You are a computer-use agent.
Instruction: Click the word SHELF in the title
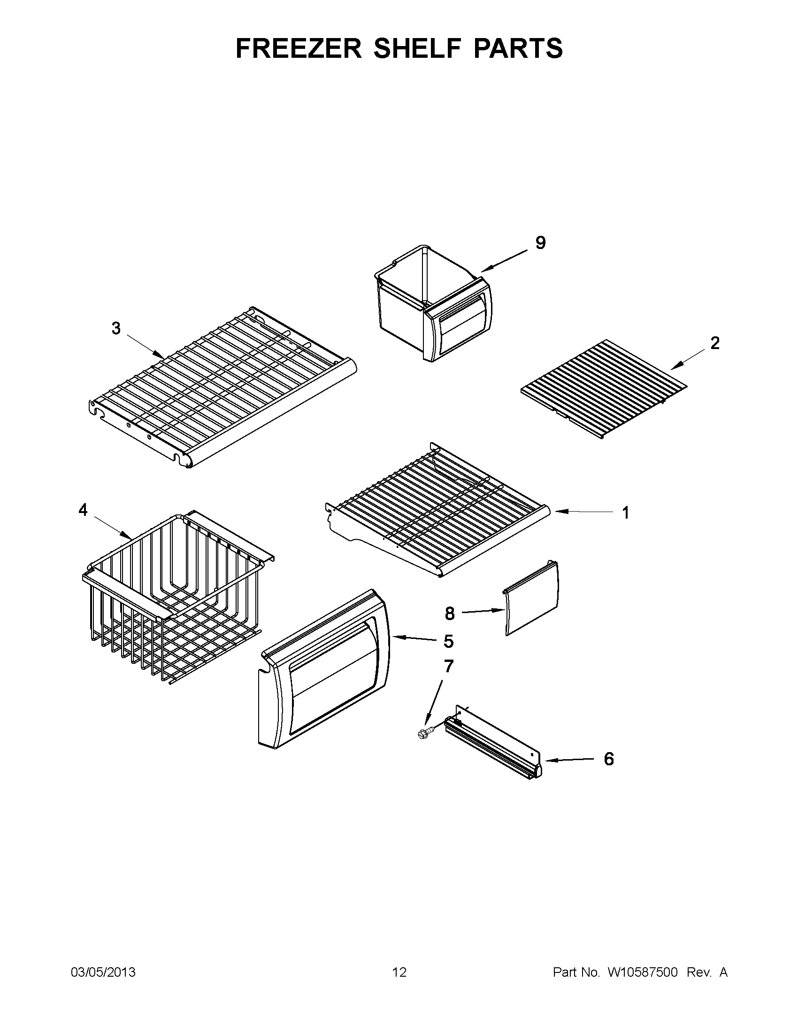(416, 48)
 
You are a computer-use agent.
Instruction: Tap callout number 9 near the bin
(540, 243)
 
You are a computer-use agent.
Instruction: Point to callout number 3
(116, 328)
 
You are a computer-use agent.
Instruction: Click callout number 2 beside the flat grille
(714, 343)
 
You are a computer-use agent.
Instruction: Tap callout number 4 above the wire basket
(83, 510)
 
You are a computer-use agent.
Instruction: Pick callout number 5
(448, 642)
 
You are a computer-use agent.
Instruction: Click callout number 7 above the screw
(448, 667)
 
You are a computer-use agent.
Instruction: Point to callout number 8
(449, 614)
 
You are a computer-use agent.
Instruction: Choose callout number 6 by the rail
(609, 759)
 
